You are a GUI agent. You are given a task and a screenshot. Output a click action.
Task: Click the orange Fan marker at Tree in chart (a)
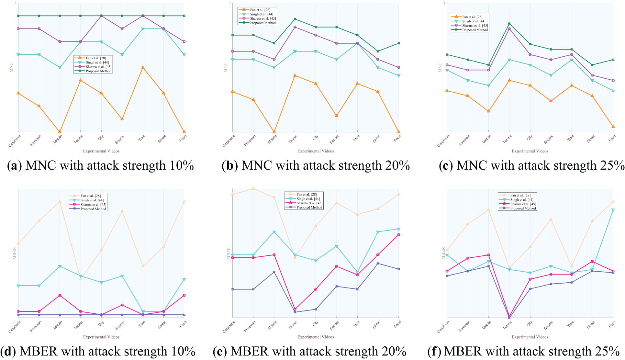coord(143,67)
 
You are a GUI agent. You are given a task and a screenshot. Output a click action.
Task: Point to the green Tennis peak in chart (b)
coord(295,19)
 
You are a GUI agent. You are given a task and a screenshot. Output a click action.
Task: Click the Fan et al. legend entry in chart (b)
coord(260,10)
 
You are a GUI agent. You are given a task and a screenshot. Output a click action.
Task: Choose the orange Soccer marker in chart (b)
coord(337,116)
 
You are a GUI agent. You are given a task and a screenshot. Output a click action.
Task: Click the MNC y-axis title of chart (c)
coord(440,67)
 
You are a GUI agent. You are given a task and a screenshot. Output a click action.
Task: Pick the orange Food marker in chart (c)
coord(613,127)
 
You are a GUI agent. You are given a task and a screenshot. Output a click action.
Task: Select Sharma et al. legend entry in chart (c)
coord(475,26)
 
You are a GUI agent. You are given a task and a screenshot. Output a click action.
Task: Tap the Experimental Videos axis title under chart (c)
coord(530,151)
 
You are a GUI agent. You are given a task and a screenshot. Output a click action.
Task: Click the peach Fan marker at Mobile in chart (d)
coord(60,201)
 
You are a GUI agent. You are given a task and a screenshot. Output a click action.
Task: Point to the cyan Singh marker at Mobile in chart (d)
coord(60,266)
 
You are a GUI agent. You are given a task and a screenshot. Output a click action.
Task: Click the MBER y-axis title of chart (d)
coord(15,253)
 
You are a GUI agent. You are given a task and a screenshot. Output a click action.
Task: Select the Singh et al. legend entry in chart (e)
coord(308,199)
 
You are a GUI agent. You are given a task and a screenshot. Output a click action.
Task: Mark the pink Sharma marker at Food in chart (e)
coord(399,235)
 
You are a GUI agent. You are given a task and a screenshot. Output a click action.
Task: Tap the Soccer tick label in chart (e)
coord(334,325)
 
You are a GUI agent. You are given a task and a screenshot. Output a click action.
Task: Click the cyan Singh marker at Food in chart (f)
coord(613,210)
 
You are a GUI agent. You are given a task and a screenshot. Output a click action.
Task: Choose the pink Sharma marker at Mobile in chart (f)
coord(488,255)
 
